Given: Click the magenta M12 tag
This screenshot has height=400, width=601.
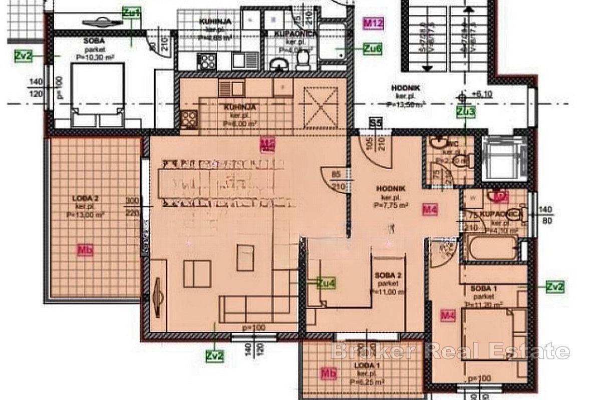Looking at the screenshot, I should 373,22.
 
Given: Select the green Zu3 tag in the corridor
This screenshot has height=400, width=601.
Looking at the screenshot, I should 466,112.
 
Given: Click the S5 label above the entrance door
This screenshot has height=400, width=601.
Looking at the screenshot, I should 375,122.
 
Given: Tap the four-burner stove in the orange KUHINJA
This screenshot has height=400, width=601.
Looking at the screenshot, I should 189,118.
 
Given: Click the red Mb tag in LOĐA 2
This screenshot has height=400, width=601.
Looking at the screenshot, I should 85,250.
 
